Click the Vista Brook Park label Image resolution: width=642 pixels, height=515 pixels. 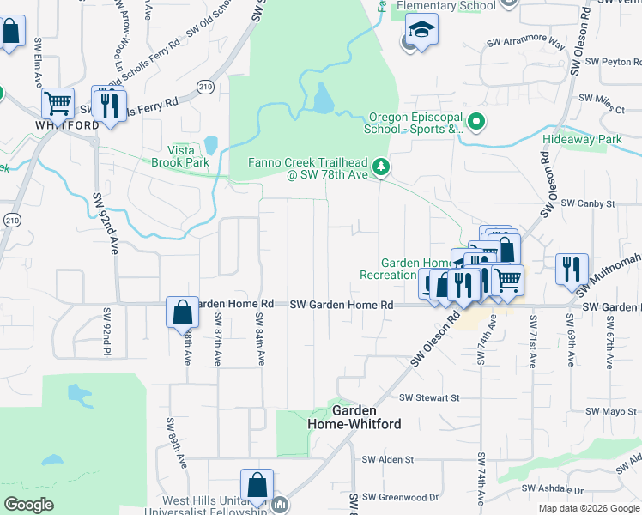click(x=180, y=155)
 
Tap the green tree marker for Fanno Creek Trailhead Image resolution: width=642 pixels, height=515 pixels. click(x=386, y=167)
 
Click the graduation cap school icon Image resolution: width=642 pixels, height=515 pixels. click(x=421, y=31)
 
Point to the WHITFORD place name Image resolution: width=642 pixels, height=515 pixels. click(x=67, y=124)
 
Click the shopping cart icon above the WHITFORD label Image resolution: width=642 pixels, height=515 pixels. click(x=58, y=103)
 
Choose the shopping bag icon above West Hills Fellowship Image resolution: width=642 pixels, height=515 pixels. click(x=257, y=485)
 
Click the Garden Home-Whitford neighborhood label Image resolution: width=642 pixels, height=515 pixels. click(x=354, y=417)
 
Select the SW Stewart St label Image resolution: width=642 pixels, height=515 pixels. click(x=430, y=397)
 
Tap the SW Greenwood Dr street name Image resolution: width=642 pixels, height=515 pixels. click(x=400, y=497)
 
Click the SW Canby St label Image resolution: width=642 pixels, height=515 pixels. click(x=588, y=203)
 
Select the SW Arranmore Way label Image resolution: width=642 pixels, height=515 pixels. click(x=526, y=41)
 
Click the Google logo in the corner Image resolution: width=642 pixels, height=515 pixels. click(x=29, y=505)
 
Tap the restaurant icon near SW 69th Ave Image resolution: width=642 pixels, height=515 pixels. click(x=572, y=268)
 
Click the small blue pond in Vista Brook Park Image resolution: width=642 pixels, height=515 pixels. click(x=211, y=144)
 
